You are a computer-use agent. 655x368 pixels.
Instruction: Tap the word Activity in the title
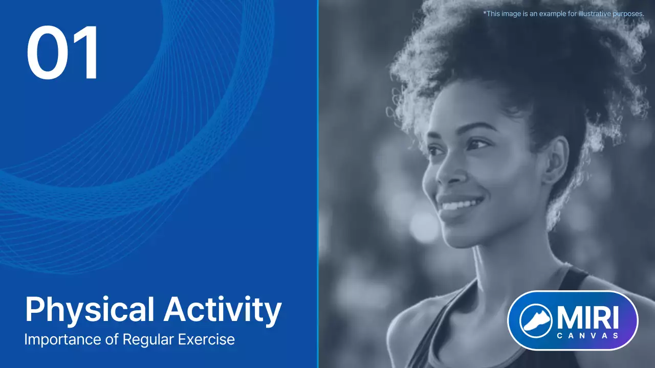tap(223, 310)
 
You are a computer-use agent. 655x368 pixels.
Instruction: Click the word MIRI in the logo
tap(588, 317)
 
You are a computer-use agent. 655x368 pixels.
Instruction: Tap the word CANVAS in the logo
tap(588, 335)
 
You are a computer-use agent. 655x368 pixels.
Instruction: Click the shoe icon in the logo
tap(535, 320)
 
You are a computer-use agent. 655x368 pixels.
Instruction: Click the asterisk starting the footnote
tap(484, 13)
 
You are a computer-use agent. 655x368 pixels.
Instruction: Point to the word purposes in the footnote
tap(628, 14)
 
